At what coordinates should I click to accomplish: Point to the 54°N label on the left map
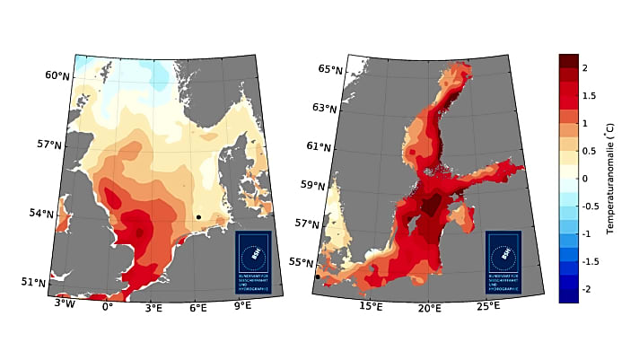click(41, 214)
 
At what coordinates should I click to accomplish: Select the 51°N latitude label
click(33, 283)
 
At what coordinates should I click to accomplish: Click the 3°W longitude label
click(64, 305)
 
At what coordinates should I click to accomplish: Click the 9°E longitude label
click(243, 305)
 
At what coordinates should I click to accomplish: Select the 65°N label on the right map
click(330, 69)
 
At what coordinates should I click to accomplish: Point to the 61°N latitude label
click(319, 146)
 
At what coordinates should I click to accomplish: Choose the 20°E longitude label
click(430, 309)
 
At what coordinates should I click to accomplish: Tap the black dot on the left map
click(198, 217)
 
